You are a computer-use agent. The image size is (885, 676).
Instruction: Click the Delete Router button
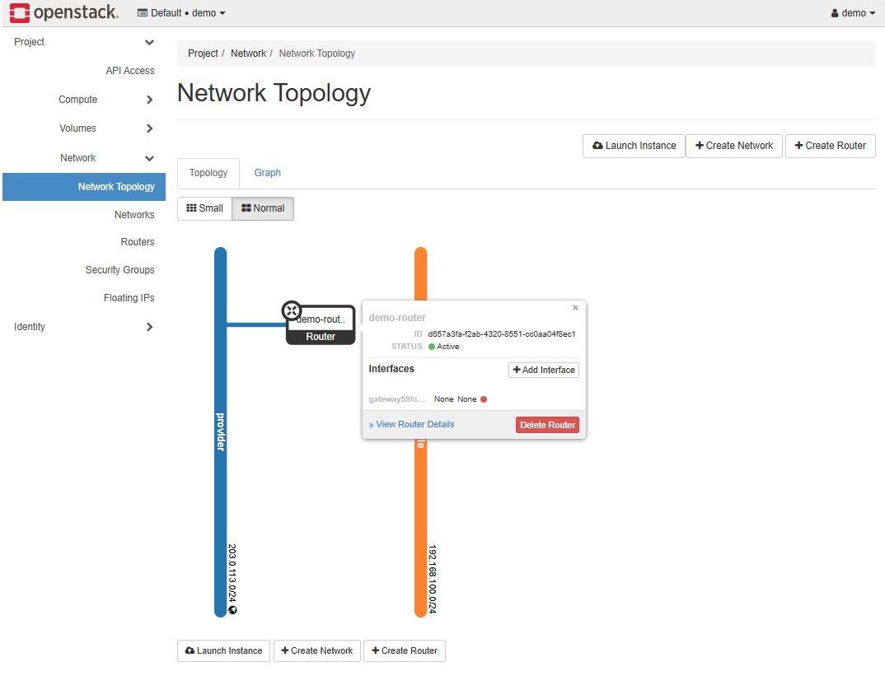(x=547, y=425)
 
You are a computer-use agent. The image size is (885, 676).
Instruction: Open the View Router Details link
(x=412, y=425)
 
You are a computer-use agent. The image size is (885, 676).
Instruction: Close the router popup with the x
(x=575, y=308)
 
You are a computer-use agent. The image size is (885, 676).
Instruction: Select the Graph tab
(x=268, y=173)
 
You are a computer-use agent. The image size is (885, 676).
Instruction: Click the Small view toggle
(x=204, y=208)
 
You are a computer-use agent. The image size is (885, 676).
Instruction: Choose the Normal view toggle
(x=263, y=208)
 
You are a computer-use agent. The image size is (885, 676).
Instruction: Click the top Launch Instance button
(x=634, y=146)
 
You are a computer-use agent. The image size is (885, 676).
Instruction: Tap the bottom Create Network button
(x=317, y=650)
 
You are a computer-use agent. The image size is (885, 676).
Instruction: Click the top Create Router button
(x=830, y=146)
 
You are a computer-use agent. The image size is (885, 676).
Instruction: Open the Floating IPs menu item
(x=129, y=298)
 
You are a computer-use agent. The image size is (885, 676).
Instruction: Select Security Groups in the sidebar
(x=119, y=270)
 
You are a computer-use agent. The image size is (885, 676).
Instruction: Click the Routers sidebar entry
(x=138, y=242)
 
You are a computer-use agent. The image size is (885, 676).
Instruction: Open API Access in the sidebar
(x=130, y=71)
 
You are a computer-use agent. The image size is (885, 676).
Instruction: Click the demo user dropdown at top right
(x=853, y=13)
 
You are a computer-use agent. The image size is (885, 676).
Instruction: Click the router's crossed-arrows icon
(x=292, y=310)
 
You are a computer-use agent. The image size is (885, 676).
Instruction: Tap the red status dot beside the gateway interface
(x=484, y=399)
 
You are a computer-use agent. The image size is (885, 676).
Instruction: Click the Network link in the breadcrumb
(x=248, y=54)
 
